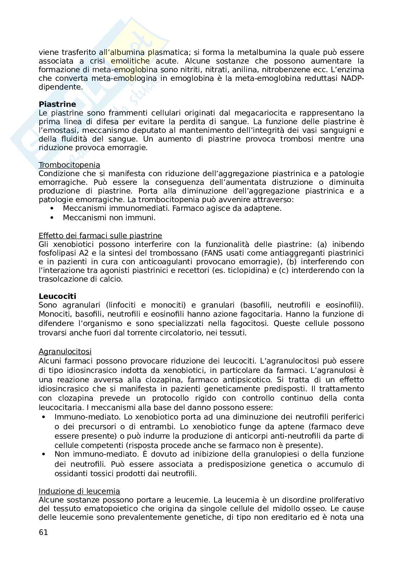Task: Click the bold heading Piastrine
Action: pos(57,104)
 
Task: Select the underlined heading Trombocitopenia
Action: pos(69,165)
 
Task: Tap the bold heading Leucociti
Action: pos(57,296)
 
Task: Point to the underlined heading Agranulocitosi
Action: pos(65,351)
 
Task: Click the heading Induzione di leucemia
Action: pos(79,491)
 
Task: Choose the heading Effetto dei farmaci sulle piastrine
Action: pos(100,236)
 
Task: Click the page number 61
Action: pos(43,532)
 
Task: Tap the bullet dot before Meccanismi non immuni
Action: pos(53,218)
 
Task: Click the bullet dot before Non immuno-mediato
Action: pos(44,454)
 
